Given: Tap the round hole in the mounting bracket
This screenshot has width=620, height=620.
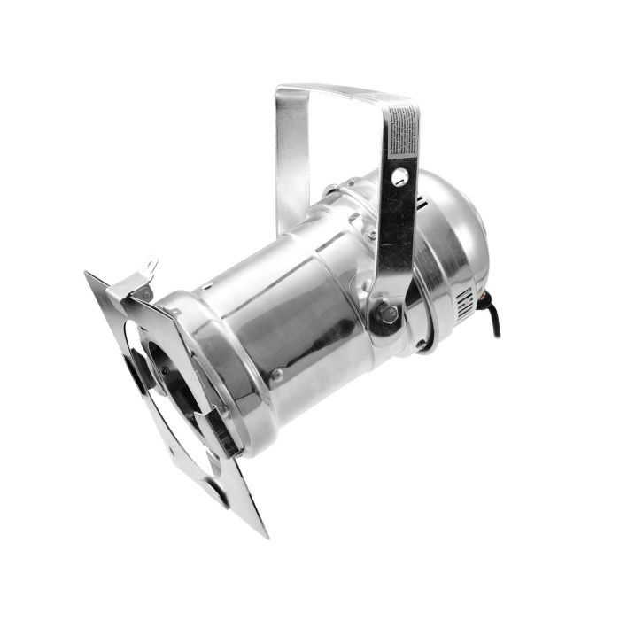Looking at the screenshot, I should pyautogui.click(x=400, y=177).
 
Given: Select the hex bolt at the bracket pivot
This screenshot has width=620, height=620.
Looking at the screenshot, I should pyautogui.click(x=386, y=312).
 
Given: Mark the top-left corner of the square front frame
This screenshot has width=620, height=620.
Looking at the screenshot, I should pyautogui.click(x=89, y=275).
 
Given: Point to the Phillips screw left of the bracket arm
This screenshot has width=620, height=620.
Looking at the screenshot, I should pyautogui.click(x=372, y=235).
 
